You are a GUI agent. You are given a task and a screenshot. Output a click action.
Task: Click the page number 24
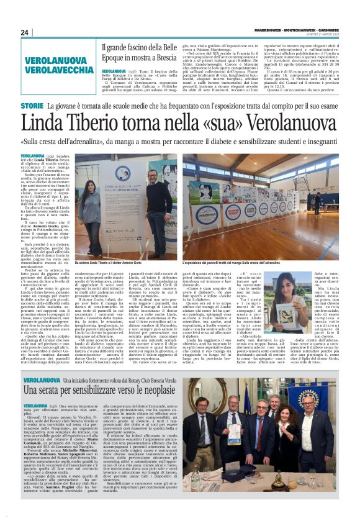[x=24, y=32]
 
